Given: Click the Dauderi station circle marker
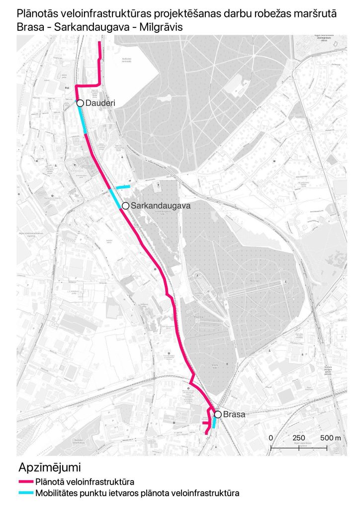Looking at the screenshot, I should coord(80,103).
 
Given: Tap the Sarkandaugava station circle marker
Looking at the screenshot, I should coord(125,205).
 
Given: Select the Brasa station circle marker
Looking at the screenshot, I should coord(218,414).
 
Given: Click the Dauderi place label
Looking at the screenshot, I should coord(100,103).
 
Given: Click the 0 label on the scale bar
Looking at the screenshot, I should coord(271,437).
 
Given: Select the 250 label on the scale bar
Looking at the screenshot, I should coord(299,437).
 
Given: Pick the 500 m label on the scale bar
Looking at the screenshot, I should coord(330,437).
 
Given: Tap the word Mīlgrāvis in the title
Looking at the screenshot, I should coord(161,28).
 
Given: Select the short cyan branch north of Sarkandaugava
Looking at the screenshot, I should coord(123,187).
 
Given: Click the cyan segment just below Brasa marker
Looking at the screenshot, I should coord(214,423).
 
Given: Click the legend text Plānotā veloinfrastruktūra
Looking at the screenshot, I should coord(85,482).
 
